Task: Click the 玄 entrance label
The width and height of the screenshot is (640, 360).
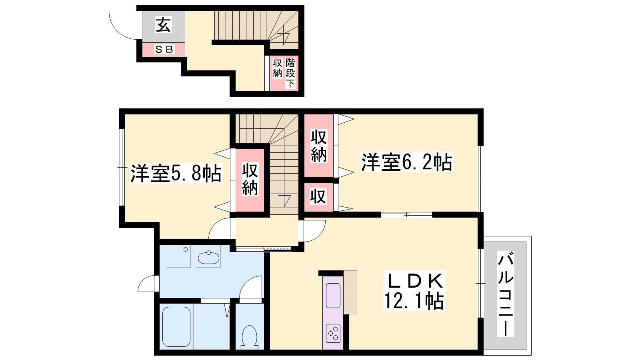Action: [163, 24]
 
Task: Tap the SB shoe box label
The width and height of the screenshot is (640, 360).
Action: [164, 50]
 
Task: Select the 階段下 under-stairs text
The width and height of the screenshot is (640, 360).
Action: [290, 73]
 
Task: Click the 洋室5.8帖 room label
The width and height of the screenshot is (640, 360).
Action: [176, 173]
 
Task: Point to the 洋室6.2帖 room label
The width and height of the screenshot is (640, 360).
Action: [407, 162]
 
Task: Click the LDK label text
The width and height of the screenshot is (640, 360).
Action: [414, 280]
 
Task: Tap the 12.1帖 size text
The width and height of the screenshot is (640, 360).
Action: [414, 301]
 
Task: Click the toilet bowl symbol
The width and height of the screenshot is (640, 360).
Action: [250, 338]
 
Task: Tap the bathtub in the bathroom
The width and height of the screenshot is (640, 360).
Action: [176, 326]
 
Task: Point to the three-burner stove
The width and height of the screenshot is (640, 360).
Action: [334, 333]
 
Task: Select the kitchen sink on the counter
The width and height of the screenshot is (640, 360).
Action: [333, 296]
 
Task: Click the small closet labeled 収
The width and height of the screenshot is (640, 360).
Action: [318, 197]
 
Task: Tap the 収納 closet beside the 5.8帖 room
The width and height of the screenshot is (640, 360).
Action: [250, 180]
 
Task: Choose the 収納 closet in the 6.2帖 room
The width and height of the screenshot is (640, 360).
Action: [318, 146]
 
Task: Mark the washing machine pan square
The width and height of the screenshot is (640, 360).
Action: [178, 256]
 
